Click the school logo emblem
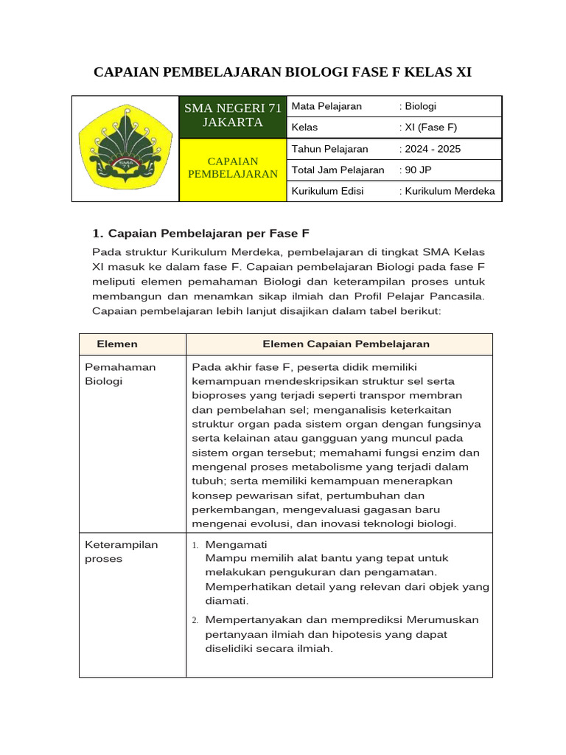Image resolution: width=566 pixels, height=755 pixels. coord(125,149)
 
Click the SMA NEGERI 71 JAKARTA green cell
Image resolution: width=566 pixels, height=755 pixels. coord(233,116)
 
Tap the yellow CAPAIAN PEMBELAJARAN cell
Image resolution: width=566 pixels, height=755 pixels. coord(233,168)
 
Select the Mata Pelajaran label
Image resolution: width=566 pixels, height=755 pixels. coord(326,106)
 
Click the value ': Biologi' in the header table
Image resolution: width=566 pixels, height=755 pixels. coord(418,106)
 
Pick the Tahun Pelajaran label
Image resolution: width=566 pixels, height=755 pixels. coord(329,149)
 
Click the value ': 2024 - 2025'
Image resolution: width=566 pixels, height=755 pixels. coord(430,149)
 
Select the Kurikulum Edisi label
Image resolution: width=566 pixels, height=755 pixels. coord(329,192)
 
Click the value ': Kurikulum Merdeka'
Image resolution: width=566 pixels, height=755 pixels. coord(447,192)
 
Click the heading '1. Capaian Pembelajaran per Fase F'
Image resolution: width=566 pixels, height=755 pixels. coord(200,234)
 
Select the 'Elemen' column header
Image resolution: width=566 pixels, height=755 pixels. coord(117,344)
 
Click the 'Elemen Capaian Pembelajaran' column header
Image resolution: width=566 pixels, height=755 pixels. coord(346,344)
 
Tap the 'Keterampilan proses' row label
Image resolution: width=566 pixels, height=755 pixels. coord(122,552)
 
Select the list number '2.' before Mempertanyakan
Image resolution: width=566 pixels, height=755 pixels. coord(195,620)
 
